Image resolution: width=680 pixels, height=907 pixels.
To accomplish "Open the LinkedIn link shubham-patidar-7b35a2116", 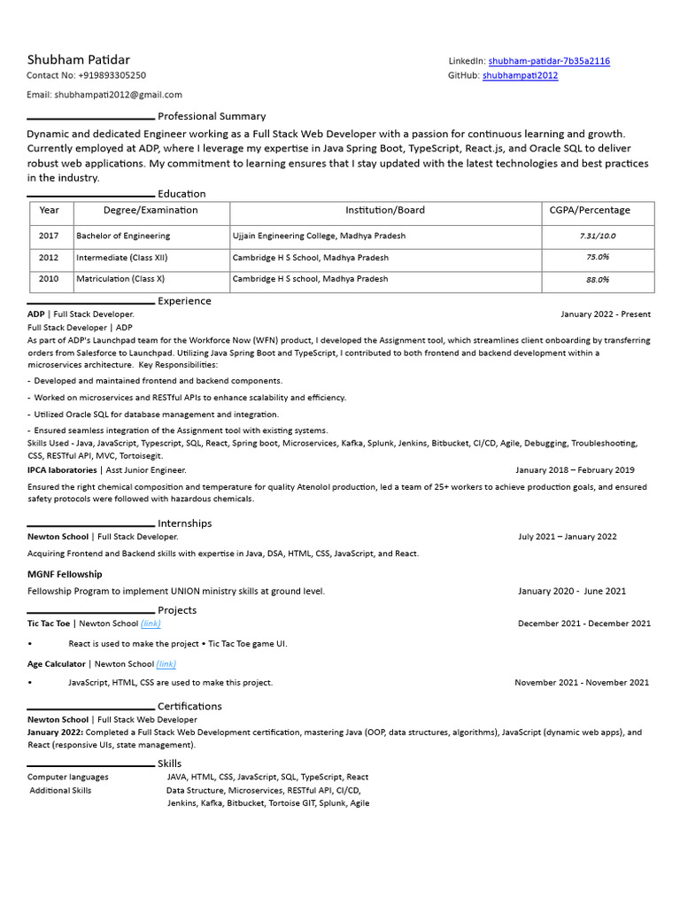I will [549, 61].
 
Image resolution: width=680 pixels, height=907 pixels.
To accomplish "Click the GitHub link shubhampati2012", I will [520, 76].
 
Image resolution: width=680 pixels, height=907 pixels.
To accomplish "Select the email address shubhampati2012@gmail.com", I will [118, 95].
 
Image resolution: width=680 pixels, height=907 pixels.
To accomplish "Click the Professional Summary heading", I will [211, 116].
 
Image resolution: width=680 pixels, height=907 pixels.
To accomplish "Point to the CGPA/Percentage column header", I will [590, 211].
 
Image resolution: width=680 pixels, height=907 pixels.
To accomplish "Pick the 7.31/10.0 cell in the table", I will [597, 236].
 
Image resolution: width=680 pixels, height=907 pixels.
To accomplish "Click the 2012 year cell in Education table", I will [49, 258].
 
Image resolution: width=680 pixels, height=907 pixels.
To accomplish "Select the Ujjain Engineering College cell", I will [319, 236].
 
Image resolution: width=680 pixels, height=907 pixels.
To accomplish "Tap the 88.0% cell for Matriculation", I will [597, 279].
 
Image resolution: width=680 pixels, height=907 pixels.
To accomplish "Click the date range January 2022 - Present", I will [605, 314].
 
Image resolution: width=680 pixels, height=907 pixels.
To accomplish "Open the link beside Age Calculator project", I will [166, 664].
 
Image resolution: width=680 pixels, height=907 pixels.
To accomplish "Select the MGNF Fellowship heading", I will [65, 575].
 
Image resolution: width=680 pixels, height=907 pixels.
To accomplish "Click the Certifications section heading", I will [189, 706].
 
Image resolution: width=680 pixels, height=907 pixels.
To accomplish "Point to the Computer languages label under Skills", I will [68, 777].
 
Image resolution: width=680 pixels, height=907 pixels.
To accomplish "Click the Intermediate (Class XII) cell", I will [122, 258].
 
